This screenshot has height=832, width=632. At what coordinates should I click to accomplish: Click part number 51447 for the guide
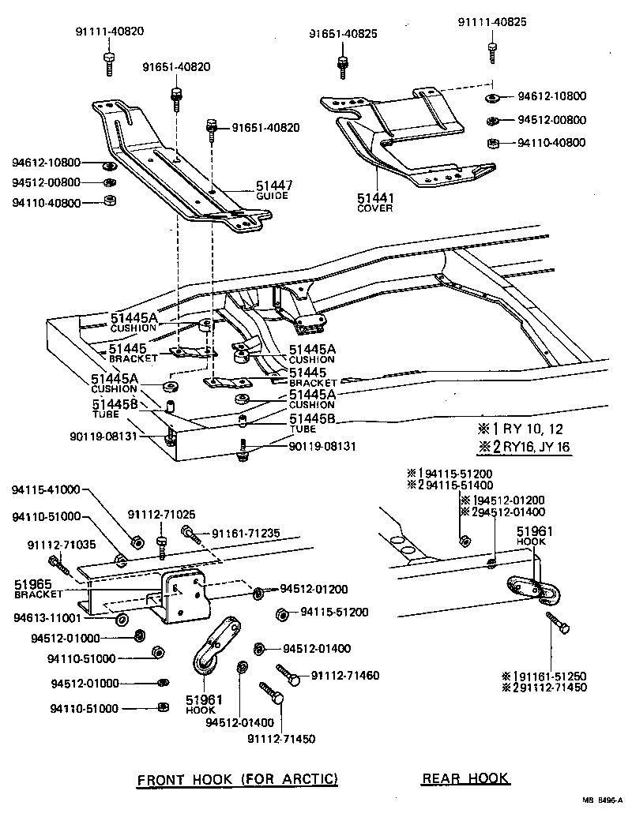[273, 186]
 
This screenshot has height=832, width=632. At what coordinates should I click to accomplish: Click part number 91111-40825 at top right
[491, 22]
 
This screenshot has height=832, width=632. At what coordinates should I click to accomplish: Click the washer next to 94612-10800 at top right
[490, 97]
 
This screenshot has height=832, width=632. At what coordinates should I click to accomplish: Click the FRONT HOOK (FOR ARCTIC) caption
[238, 779]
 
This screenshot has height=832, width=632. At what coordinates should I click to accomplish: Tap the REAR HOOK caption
[465, 779]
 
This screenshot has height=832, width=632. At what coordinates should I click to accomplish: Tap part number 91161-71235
[245, 534]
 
